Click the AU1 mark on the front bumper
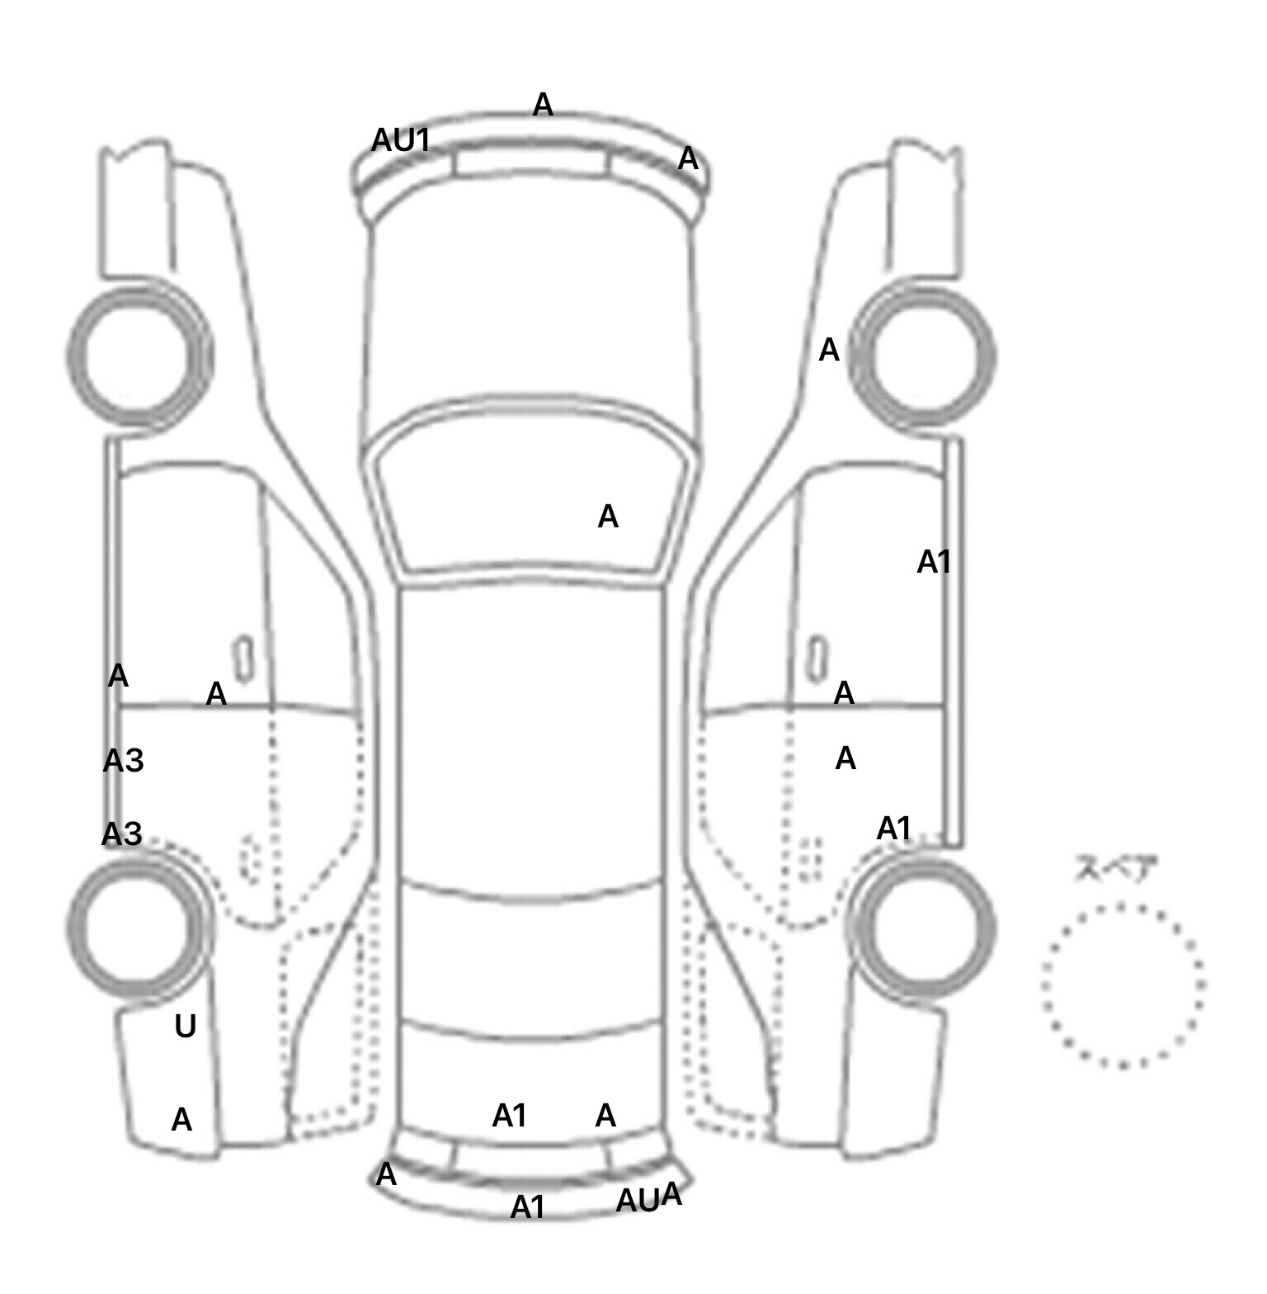pos(401,141)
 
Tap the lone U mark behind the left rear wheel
pos(186,1027)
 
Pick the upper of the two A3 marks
pos(123,761)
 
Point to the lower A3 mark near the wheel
pos(122,834)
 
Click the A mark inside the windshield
pos(608,517)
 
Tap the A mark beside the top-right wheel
pos(829,351)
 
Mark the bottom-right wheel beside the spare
pos(925,928)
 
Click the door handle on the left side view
pos(243,659)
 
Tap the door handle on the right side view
pos(817,659)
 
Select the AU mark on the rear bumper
pos(638,1202)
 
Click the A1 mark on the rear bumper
pos(528,1208)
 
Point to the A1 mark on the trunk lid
pos(510,1117)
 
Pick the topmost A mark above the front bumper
pos(543,105)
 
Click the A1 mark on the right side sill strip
pos(935,563)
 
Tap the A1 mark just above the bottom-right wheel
pos(894,829)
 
